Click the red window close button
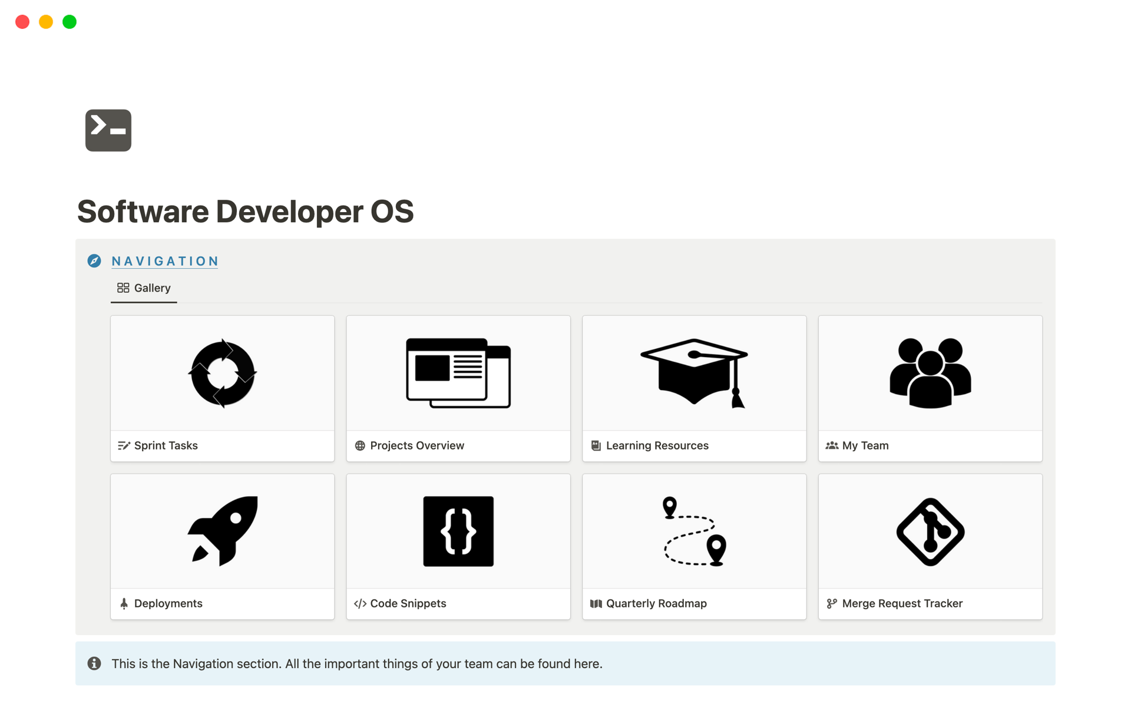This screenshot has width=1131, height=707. click(x=22, y=22)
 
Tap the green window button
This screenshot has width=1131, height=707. click(x=70, y=22)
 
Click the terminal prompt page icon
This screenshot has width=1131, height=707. click(x=108, y=130)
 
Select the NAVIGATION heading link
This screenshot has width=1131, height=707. click(x=165, y=261)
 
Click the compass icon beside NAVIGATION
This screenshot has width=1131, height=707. click(x=94, y=261)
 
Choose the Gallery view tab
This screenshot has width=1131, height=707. click(x=144, y=288)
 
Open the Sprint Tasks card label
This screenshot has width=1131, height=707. click(x=166, y=446)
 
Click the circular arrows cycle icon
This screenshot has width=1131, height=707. click(x=223, y=373)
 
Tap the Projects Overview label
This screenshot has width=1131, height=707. click(x=417, y=446)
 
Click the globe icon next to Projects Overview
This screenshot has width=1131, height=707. click(x=360, y=446)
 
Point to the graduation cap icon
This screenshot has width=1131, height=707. click(x=694, y=373)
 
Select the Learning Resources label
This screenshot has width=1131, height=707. click(x=657, y=446)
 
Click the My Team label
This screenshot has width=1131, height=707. click(x=865, y=446)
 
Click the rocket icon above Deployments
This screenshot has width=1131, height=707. click(x=223, y=531)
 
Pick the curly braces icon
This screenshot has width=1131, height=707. click(x=458, y=531)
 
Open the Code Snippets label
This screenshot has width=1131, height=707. click(x=408, y=604)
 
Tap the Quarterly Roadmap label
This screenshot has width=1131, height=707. click(x=656, y=604)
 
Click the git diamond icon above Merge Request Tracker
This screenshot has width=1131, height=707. click(x=931, y=532)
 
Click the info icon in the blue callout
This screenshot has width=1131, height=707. click(x=94, y=663)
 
